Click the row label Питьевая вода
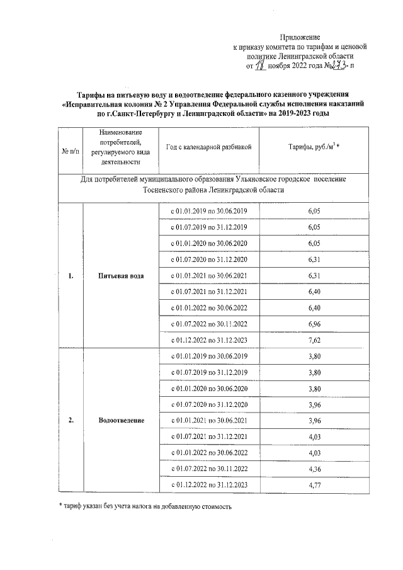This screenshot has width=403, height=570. point(120,275)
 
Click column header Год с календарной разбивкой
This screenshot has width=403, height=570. point(209,147)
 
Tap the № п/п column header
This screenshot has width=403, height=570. point(70,151)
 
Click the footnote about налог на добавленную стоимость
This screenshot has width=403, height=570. point(142,506)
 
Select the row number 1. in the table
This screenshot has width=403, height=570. point(70,275)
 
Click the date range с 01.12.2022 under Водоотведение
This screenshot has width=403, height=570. point(209,485)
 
